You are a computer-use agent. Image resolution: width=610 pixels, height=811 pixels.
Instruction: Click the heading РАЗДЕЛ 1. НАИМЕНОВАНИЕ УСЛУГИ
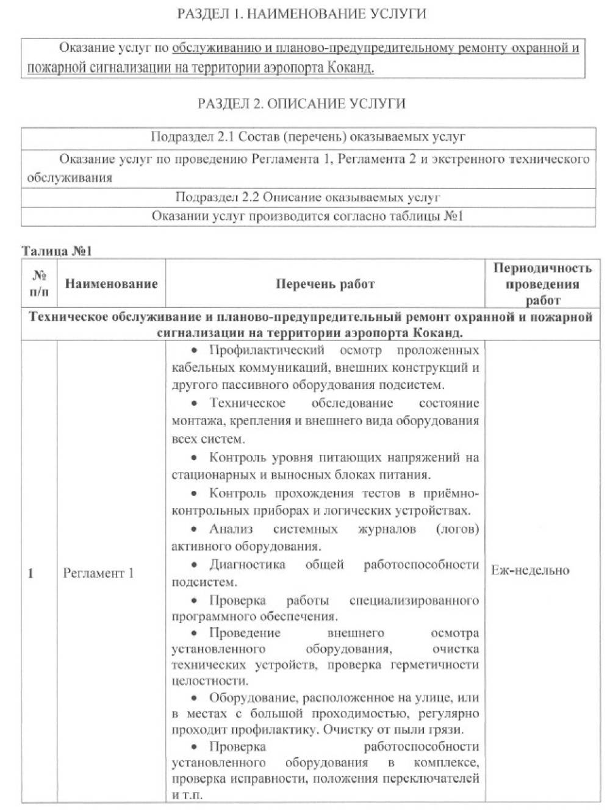(x=301, y=14)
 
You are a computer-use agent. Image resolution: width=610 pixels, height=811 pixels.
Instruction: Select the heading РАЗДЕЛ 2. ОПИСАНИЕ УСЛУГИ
(x=301, y=103)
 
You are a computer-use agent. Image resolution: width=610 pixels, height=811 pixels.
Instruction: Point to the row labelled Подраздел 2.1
(x=307, y=137)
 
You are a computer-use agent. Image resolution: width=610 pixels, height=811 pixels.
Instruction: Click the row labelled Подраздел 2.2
(x=307, y=198)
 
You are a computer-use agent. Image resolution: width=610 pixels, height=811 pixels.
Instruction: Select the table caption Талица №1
(x=56, y=251)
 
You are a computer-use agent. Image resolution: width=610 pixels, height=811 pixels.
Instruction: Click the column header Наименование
(x=111, y=284)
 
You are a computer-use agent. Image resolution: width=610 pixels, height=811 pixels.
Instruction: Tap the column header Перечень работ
(x=325, y=284)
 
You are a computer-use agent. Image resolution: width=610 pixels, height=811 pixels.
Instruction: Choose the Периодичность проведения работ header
(x=542, y=284)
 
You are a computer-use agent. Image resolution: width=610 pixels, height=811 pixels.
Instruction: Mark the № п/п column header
(x=39, y=284)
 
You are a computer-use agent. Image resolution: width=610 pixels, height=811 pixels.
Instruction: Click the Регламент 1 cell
(x=98, y=573)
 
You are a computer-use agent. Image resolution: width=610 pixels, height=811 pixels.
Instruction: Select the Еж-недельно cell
(x=529, y=571)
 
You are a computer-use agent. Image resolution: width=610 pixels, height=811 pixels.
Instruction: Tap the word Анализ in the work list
(x=231, y=529)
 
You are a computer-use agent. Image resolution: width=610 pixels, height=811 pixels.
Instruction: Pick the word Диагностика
(x=247, y=565)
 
